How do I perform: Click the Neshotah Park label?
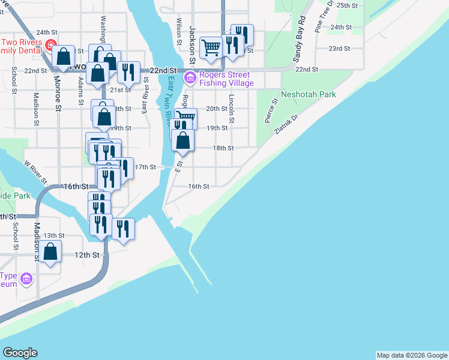tap(307, 95)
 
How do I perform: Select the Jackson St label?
tap(193, 44)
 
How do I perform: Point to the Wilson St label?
tap(178, 31)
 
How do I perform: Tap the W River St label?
tap(35, 172)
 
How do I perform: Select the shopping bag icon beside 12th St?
tap(51, 253)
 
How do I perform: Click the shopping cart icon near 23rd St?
tap(211, 47)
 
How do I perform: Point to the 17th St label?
tap(145, 167)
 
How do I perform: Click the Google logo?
tap(20, 353)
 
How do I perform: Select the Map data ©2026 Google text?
tap(412, 355)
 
